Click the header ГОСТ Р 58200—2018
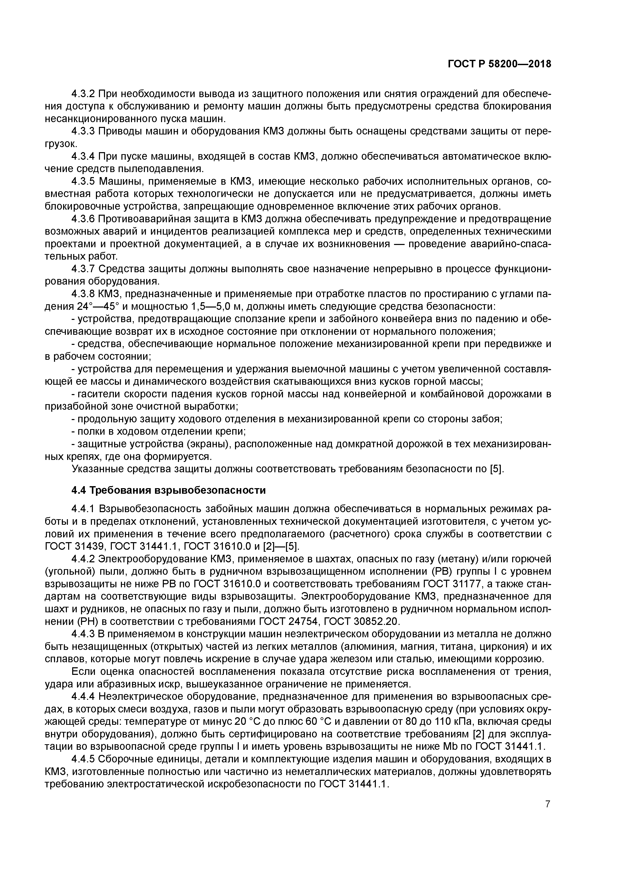point(499,64)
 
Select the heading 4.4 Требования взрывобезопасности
point(169,490)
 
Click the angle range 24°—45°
point(97,307)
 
